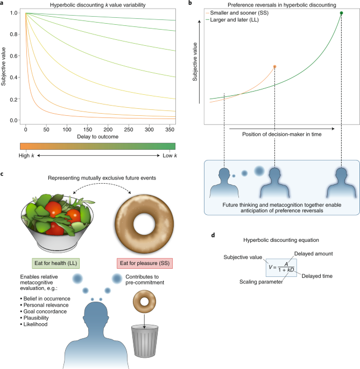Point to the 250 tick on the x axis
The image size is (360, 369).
130,130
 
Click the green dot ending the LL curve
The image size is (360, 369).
342,12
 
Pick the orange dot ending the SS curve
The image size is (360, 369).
274,67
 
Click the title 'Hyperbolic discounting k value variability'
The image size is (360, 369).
93,5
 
